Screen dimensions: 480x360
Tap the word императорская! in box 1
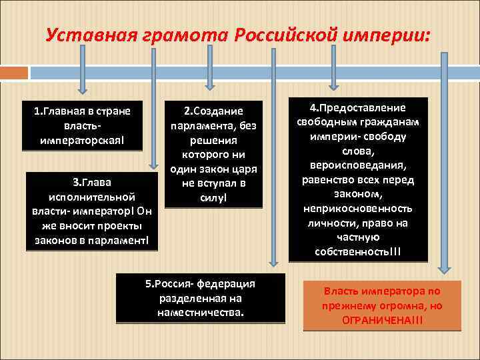point(83,140)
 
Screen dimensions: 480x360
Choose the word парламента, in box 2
point(213,126)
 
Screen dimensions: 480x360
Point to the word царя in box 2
point(243,169)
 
